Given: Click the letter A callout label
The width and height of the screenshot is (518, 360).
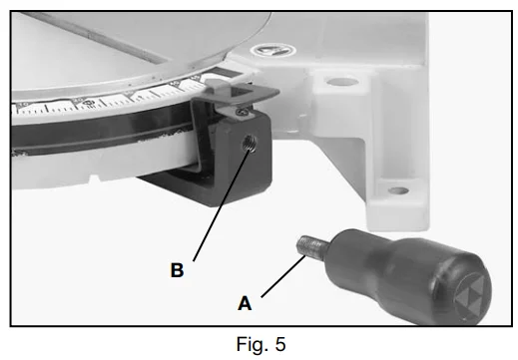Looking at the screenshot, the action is click(245, 303).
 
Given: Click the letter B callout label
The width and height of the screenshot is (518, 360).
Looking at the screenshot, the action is click(177, 270).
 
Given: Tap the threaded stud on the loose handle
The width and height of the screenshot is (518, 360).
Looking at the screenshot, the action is click(310, 246).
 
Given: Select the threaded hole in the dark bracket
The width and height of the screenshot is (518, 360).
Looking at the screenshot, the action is click(250, 145).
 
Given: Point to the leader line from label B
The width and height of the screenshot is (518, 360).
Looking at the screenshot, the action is click(221, 205).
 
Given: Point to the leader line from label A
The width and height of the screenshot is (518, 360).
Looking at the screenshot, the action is click(283, 276).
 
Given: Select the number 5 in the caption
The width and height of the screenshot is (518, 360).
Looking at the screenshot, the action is click(280, 344).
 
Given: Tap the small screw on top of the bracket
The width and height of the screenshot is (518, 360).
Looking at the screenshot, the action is click(243, 113).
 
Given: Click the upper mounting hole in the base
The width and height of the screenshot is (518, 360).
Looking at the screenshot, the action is click(342, 82).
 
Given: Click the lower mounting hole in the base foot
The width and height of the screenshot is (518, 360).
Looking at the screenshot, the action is click(398, 190).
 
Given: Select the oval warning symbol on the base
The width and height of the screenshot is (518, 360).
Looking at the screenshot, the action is click(272, 51).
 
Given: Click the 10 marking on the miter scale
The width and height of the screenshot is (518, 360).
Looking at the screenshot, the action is click(22, 106).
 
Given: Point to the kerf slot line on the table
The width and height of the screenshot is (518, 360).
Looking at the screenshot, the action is click(97, 38).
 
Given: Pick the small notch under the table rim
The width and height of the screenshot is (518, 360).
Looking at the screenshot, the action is click(94, 180).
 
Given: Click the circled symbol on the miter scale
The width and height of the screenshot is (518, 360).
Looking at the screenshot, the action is click(88, 104).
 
